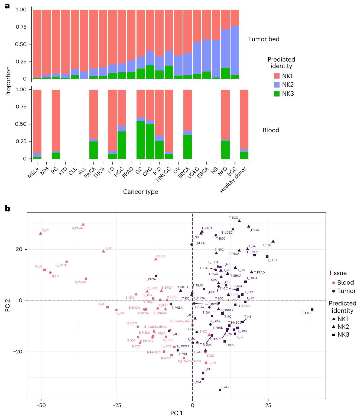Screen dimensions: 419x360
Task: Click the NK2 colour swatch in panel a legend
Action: click(277, 85)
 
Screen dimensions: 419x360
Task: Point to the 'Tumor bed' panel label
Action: click(264, 39)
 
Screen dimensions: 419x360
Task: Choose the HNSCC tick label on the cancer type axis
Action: click(164, 173)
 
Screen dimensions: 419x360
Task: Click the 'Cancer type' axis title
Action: click(140, 192)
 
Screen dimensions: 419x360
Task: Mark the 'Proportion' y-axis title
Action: click(8, 81)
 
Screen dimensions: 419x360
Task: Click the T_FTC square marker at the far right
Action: click(312, 310)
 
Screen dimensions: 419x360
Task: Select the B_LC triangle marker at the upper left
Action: click(41, 233)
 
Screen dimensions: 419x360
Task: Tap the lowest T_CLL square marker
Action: click(220, 390)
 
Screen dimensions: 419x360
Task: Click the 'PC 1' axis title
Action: click(176, 413)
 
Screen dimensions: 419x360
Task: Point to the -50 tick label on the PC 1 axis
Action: click(41, 405)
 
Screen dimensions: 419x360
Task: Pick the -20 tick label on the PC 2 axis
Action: click(18, 352)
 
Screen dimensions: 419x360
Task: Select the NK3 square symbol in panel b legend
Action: click(334, 335)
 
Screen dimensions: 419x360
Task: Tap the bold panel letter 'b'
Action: click(8, 208)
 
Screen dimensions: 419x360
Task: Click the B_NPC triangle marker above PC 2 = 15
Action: click(156, 259)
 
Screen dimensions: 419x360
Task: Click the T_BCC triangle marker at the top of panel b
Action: click(239, 221)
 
